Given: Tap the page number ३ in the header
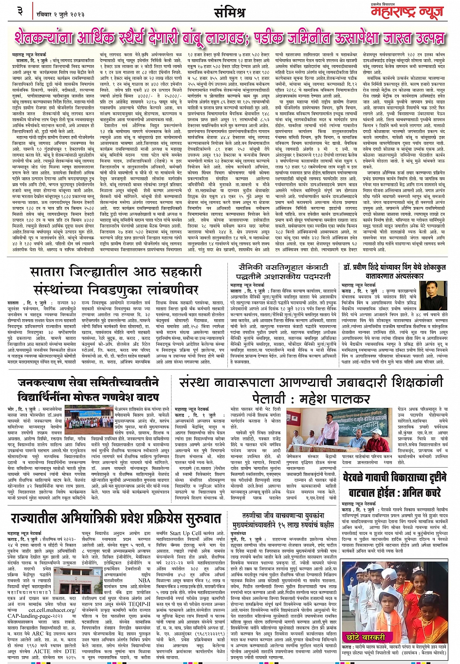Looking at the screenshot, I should pyautogui.click(x=20, y=10).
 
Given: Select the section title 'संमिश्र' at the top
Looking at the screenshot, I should pyautogui.click(x=229, y=11).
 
